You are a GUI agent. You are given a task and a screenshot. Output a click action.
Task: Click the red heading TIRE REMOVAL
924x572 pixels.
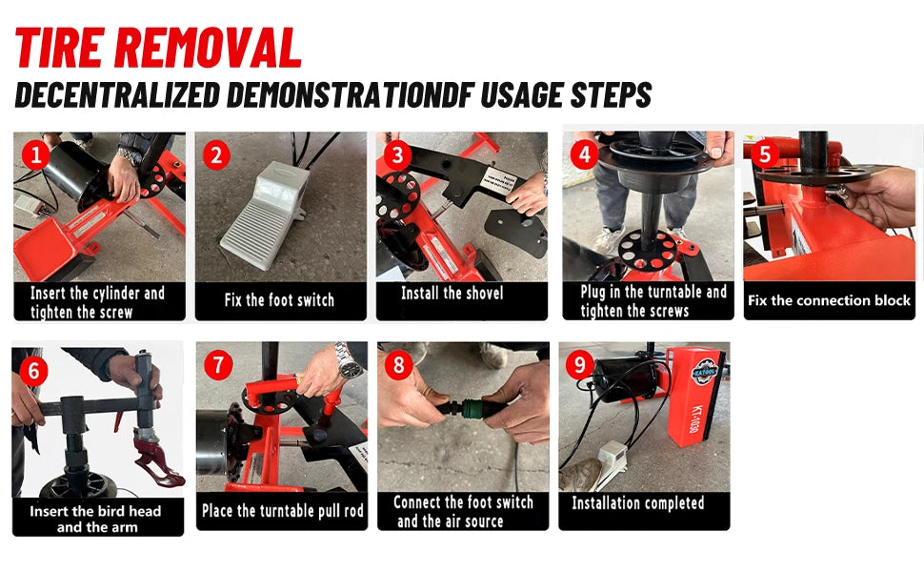(x=158, y=48)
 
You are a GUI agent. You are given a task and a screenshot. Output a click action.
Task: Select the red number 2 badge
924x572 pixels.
(x=217, y=154)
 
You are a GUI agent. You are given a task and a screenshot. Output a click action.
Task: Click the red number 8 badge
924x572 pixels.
(x=400, y=365)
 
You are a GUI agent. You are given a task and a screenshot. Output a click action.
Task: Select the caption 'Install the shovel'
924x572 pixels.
(x=452, y=294)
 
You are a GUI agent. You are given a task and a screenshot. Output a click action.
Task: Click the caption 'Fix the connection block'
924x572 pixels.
(x=829, y=300)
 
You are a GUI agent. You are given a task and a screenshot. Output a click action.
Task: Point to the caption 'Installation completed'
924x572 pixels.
(x=637, y=502)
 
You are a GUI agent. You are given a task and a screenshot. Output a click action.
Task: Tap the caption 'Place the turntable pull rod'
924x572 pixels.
(x=283, y=511)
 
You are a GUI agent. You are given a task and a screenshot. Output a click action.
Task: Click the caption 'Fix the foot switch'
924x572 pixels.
(x=279, y=300)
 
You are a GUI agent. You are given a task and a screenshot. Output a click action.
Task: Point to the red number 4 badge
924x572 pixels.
(x=582, y=154)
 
